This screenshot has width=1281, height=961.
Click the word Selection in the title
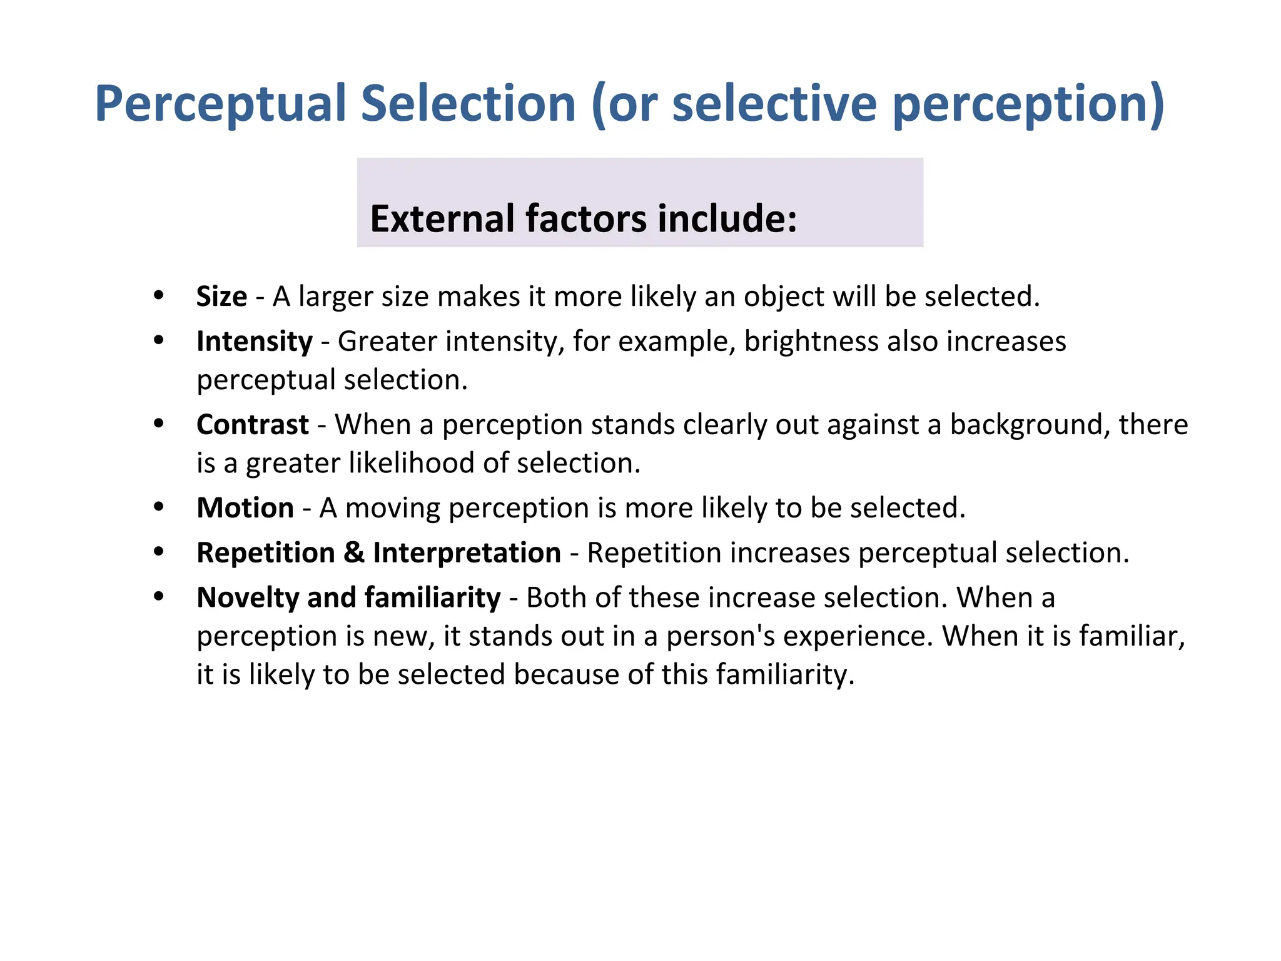coord(468,103)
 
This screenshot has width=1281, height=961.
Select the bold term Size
coord(221,297)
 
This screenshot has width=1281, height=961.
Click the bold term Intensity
coord(254,342)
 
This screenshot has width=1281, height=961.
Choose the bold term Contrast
coord(252,425)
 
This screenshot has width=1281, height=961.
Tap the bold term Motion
coord(245,508)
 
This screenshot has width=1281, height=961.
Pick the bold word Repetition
coord(265,553)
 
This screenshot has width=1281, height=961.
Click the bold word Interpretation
coord(467,553)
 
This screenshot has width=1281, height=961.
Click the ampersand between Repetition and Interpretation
coord(354,553)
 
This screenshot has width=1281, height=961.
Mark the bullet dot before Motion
coord(159,506)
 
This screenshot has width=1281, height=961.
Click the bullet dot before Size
coord(159,295)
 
